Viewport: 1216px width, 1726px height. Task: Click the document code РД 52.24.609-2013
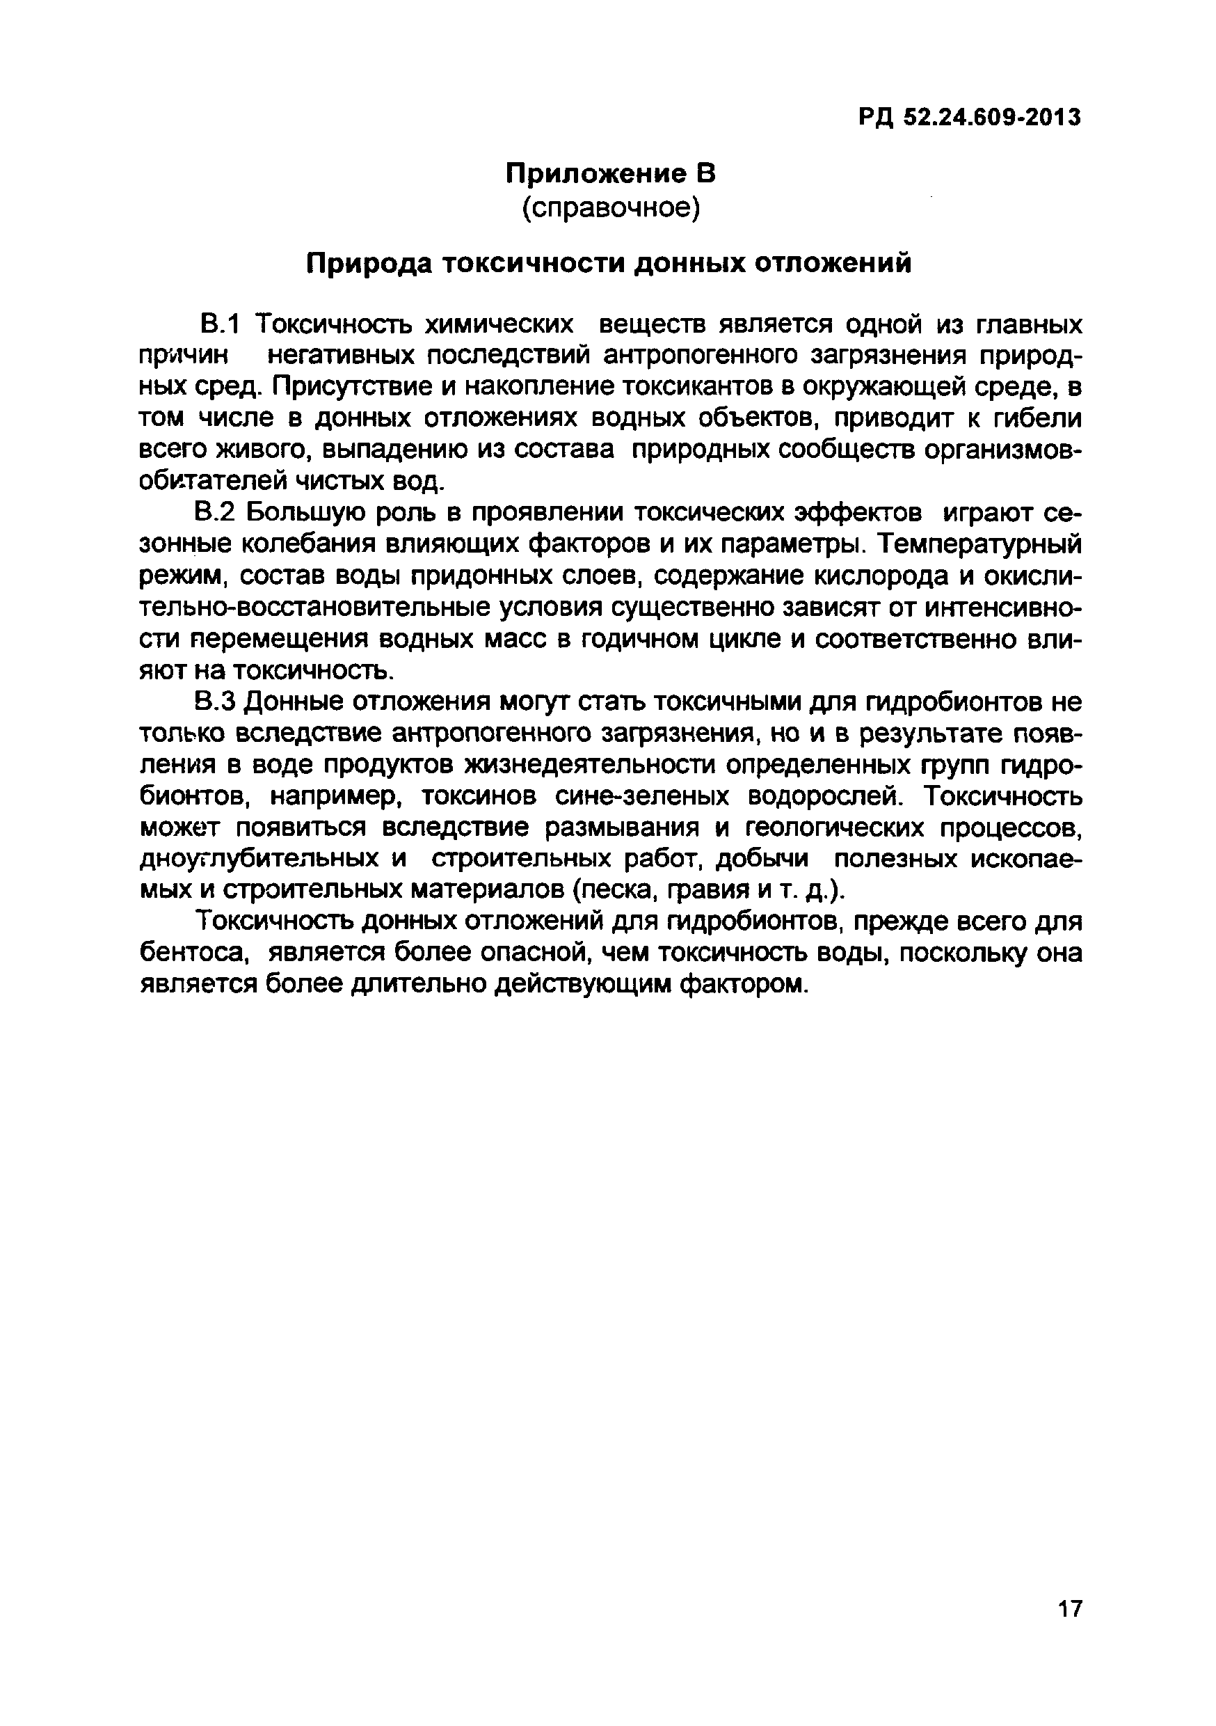(970, 118)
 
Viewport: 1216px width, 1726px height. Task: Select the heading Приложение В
(609, 175)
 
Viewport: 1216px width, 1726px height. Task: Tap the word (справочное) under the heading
(610, 207)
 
